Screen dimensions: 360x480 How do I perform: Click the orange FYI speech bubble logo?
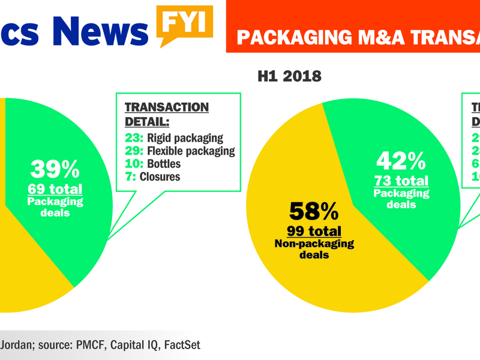[185, 23]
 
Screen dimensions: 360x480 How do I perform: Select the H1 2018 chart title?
[289, 76]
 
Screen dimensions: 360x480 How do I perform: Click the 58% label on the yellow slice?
[314, 211]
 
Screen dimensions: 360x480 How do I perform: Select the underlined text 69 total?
[55, 190]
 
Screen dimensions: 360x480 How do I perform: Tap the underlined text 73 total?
[401, 181]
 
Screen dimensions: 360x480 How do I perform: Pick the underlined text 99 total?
[314, 231]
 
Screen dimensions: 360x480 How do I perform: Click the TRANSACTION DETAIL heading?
[166, 114]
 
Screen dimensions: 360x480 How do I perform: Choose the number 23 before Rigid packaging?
[131, 137]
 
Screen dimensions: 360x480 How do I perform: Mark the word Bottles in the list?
[164, 164]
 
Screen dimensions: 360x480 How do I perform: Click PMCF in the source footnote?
[89, 345]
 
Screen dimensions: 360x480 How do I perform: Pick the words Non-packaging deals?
[314, 248]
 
